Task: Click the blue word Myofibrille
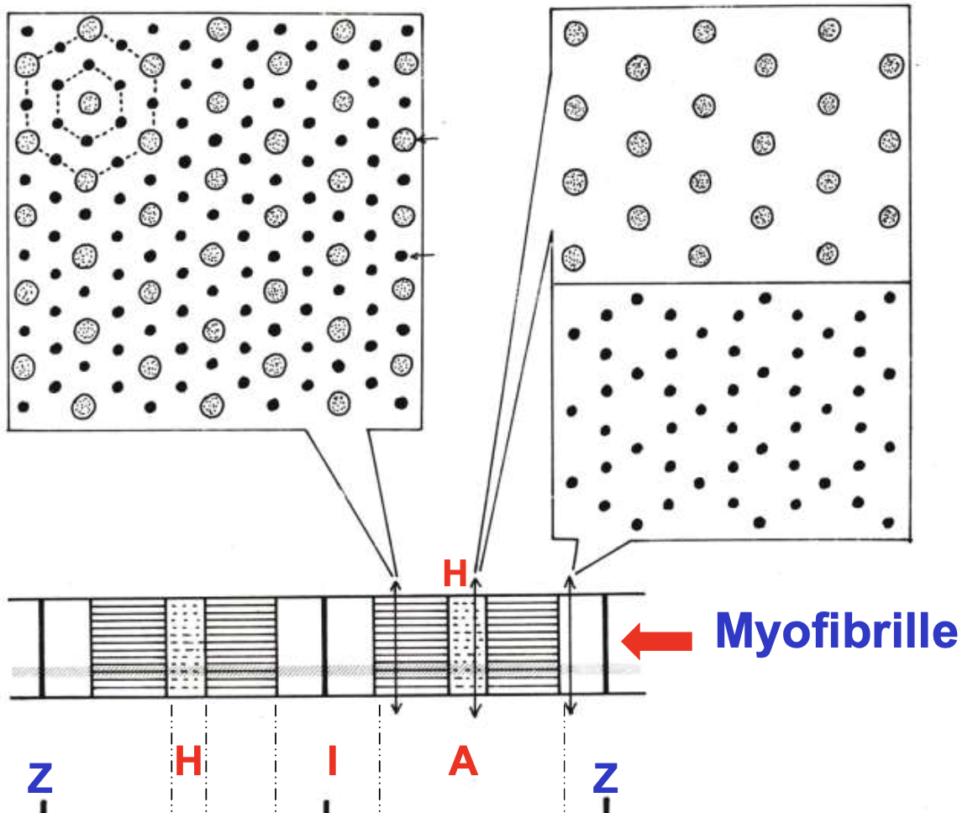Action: (835, 632)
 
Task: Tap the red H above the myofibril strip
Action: (455, 574)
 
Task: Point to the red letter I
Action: (332, 761)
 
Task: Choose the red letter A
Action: (463, 761)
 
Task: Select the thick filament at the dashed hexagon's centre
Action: (89, 103)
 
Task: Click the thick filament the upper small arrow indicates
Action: (404, 139)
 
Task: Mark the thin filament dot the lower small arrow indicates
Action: (402, 254)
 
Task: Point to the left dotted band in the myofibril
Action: (186, 646)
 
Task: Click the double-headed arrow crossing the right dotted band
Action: (476, 646)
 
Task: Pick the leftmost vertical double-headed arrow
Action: (397, 646)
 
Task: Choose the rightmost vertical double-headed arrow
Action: (570, 646)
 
